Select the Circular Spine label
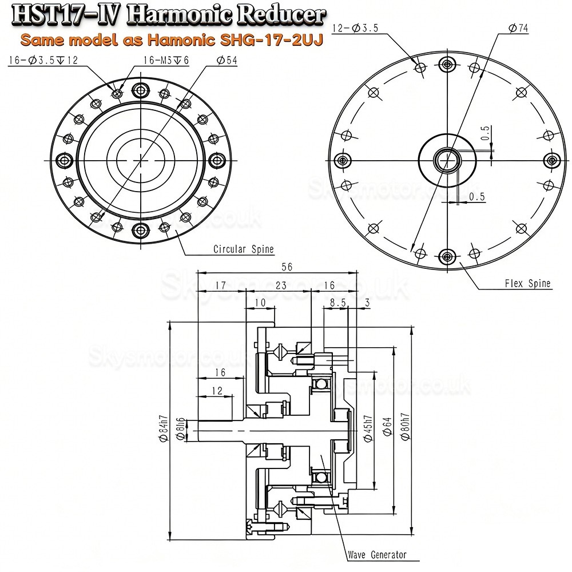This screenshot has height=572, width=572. coord(243,249)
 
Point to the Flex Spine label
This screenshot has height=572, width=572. coord(527,283)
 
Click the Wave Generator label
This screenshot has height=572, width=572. coord(377,555)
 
